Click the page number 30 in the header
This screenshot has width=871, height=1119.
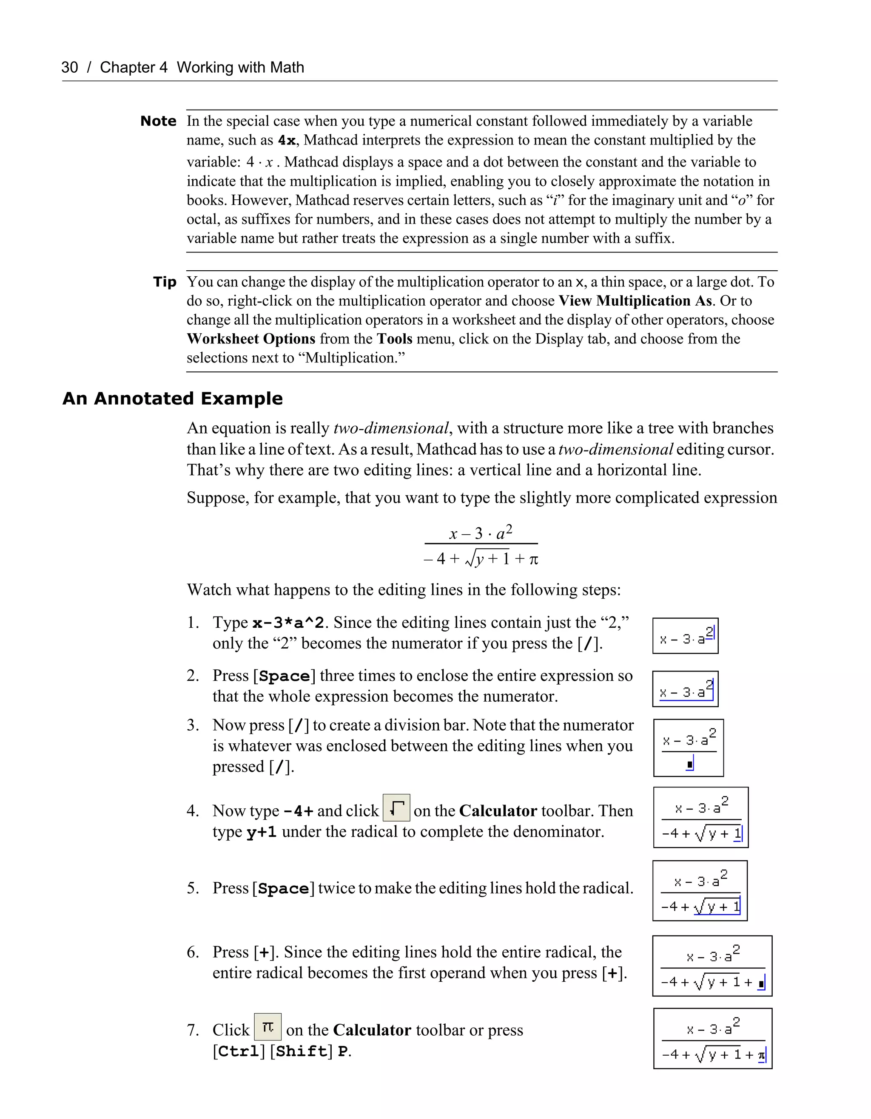[70, 67]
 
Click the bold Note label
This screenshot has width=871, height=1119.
[158, 122]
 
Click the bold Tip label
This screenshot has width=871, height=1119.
[165, 282]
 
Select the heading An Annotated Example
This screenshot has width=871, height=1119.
[172, 399]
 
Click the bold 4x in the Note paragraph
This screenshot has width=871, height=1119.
[287, 140]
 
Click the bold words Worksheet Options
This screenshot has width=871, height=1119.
[250, 339]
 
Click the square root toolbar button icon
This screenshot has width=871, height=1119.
[396, 807]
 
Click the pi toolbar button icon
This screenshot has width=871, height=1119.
[268, 1027]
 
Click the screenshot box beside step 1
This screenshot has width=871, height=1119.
[685, 636]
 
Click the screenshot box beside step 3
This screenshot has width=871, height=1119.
[688, 748]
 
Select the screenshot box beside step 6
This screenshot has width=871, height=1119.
[712, 966]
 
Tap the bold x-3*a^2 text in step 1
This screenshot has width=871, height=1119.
[288, 623]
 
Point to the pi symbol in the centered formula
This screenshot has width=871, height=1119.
[533, 559]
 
